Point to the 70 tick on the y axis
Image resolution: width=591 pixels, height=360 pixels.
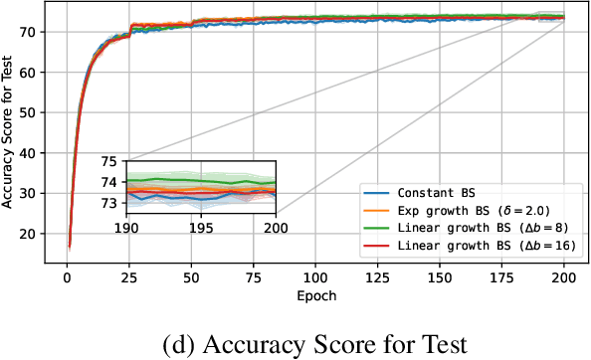pos(38,32)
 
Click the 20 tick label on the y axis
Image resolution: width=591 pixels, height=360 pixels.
pos(38,234)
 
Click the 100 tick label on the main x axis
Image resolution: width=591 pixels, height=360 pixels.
pos(316,277)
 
